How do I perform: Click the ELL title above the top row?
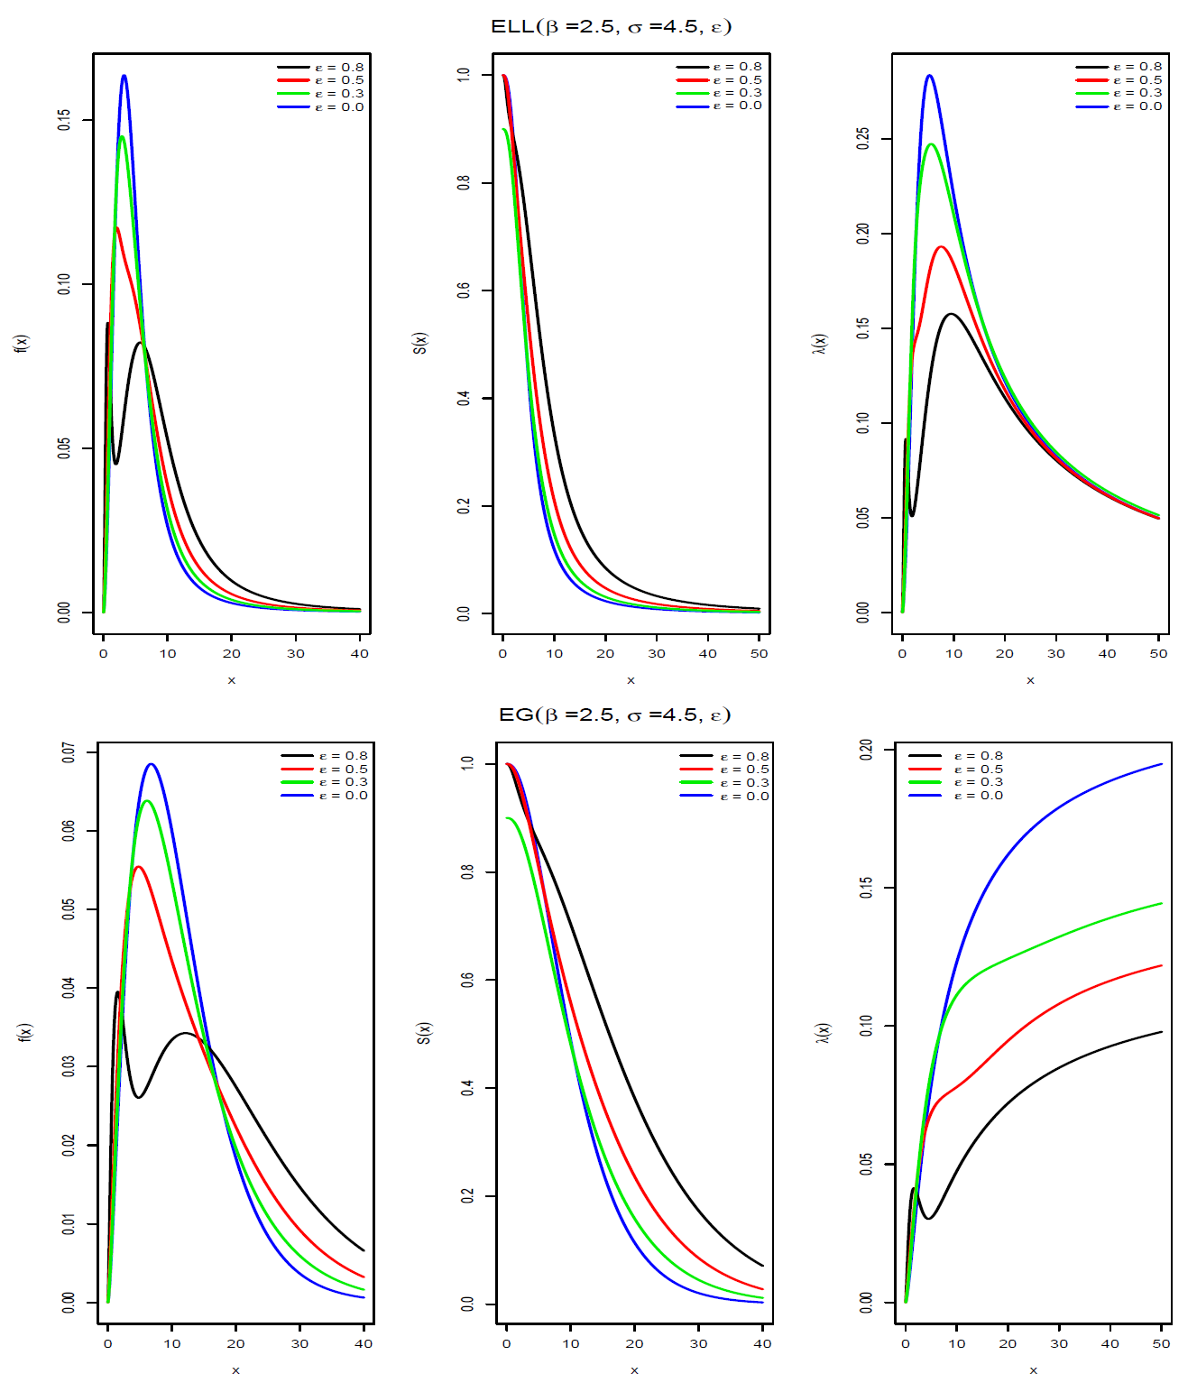tap(611, 26)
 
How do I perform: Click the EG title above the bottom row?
tap(614, 714)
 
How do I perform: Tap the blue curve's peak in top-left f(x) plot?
tap(124, 76)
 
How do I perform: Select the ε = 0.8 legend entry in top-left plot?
tap(321, 68)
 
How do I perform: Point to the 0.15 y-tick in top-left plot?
tap(64, 120)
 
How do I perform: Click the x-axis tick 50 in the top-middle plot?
tap(759, 653)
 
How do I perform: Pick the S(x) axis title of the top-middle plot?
tap(420, 343)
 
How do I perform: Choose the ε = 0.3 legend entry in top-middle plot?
tap(720, 93)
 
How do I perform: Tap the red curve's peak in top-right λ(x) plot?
tap(941, 247)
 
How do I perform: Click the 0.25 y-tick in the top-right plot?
tap(863, 139)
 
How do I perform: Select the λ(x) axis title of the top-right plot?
tap(819, 343)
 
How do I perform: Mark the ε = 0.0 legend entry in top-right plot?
tap(1119, 106)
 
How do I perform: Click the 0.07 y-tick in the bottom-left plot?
tap(69, 752)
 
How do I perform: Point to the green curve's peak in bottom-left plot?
tap(146, 801)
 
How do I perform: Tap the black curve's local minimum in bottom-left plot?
tap(138, 1097)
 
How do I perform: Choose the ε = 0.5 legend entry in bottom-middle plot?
tap(725, 770)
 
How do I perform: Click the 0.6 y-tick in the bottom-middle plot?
tap(467, 980)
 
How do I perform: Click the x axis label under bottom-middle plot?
tap(634, 1370)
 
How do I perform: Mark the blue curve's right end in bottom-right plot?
tap(1161, 765)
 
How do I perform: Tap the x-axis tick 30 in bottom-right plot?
tap(1059, 1343)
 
